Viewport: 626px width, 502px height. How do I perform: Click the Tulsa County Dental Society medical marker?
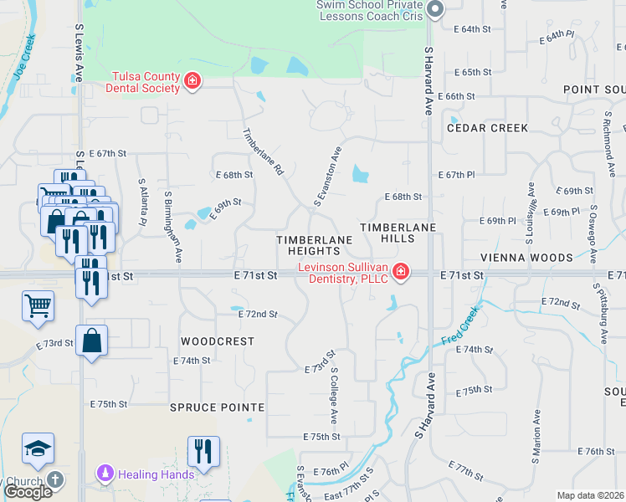click(192, 81)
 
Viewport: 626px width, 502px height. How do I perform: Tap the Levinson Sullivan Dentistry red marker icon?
click(400, 272)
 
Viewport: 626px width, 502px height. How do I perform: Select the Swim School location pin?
click(434, 9)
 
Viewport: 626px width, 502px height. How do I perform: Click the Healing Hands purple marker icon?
click(105, 474)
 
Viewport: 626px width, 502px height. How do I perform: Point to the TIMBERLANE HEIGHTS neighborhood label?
click(314, 245)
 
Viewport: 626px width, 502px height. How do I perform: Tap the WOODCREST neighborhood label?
click(217, 341)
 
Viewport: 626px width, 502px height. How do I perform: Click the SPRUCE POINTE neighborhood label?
click(217, 407)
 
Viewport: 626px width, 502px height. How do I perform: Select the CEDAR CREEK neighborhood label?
click(487, 128)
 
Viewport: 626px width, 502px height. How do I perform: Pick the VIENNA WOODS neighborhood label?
click(526, 258)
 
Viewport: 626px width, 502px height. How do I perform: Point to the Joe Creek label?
click(23, 57)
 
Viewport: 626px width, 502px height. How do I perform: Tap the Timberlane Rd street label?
click(263, 151)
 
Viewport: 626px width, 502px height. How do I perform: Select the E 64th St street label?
click(471, 28)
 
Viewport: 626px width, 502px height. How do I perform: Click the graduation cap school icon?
click(38, 449)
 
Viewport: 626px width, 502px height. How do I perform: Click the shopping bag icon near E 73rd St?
click(91, 341)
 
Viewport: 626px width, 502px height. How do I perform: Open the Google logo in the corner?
click(28, 492)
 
